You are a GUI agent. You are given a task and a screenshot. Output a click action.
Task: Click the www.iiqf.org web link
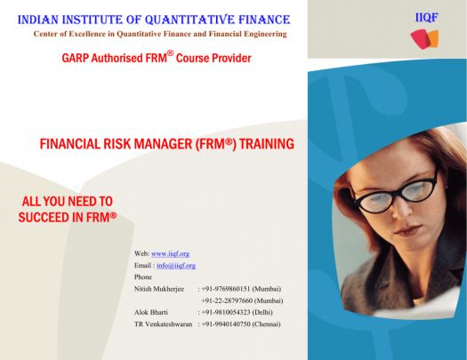click(x=171, y=254)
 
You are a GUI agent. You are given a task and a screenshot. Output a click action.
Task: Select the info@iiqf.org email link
click(x=176, y=266)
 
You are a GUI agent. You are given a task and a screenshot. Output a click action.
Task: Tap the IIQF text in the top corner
click(x=426, y=18)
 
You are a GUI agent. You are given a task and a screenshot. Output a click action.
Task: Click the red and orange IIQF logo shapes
click(x=424, y=39)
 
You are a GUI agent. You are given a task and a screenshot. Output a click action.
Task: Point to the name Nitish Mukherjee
click(x=159, y=289)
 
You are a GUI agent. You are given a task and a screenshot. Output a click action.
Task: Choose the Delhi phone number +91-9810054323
click(x=226, y=312)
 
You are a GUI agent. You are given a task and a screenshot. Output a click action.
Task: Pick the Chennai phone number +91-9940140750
click(x=226, y=324)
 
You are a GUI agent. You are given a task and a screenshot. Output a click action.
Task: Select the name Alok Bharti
click(x=151, y=312)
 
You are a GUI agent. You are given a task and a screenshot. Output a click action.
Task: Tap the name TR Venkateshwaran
click(x=163, y=324)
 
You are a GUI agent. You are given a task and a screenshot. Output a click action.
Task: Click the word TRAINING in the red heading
click(x=267, y=144)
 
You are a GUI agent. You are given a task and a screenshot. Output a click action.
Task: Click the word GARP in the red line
click(x=76, y=58)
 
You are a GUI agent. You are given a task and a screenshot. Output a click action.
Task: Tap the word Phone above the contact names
click(x=143, y=277)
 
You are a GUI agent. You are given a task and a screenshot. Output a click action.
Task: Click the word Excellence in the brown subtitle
click(x=87, y=34)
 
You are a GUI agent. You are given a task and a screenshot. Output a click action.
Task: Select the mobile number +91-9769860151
click(x=226, y=289)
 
